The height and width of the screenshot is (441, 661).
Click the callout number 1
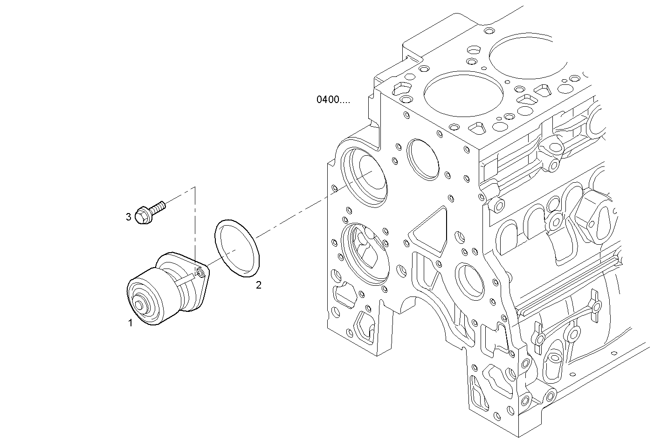131,323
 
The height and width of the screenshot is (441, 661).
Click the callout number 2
258,285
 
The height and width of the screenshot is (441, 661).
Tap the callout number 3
128,217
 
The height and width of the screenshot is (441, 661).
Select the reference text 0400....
333,99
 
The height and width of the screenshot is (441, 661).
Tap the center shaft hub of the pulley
139,306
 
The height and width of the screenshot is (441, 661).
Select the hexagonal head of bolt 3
142,216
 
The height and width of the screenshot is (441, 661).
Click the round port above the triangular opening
423,159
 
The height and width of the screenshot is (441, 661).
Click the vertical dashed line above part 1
195,224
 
